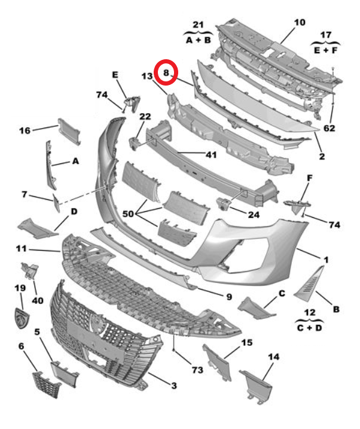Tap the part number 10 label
tap(299, 23)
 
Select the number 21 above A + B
tap(198, 25)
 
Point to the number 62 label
tap(330, 128)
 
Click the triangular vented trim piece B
tap(312, 282)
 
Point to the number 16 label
tap(25, 130)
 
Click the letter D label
tap(74, 211)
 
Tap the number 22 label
tap(145, 116)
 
